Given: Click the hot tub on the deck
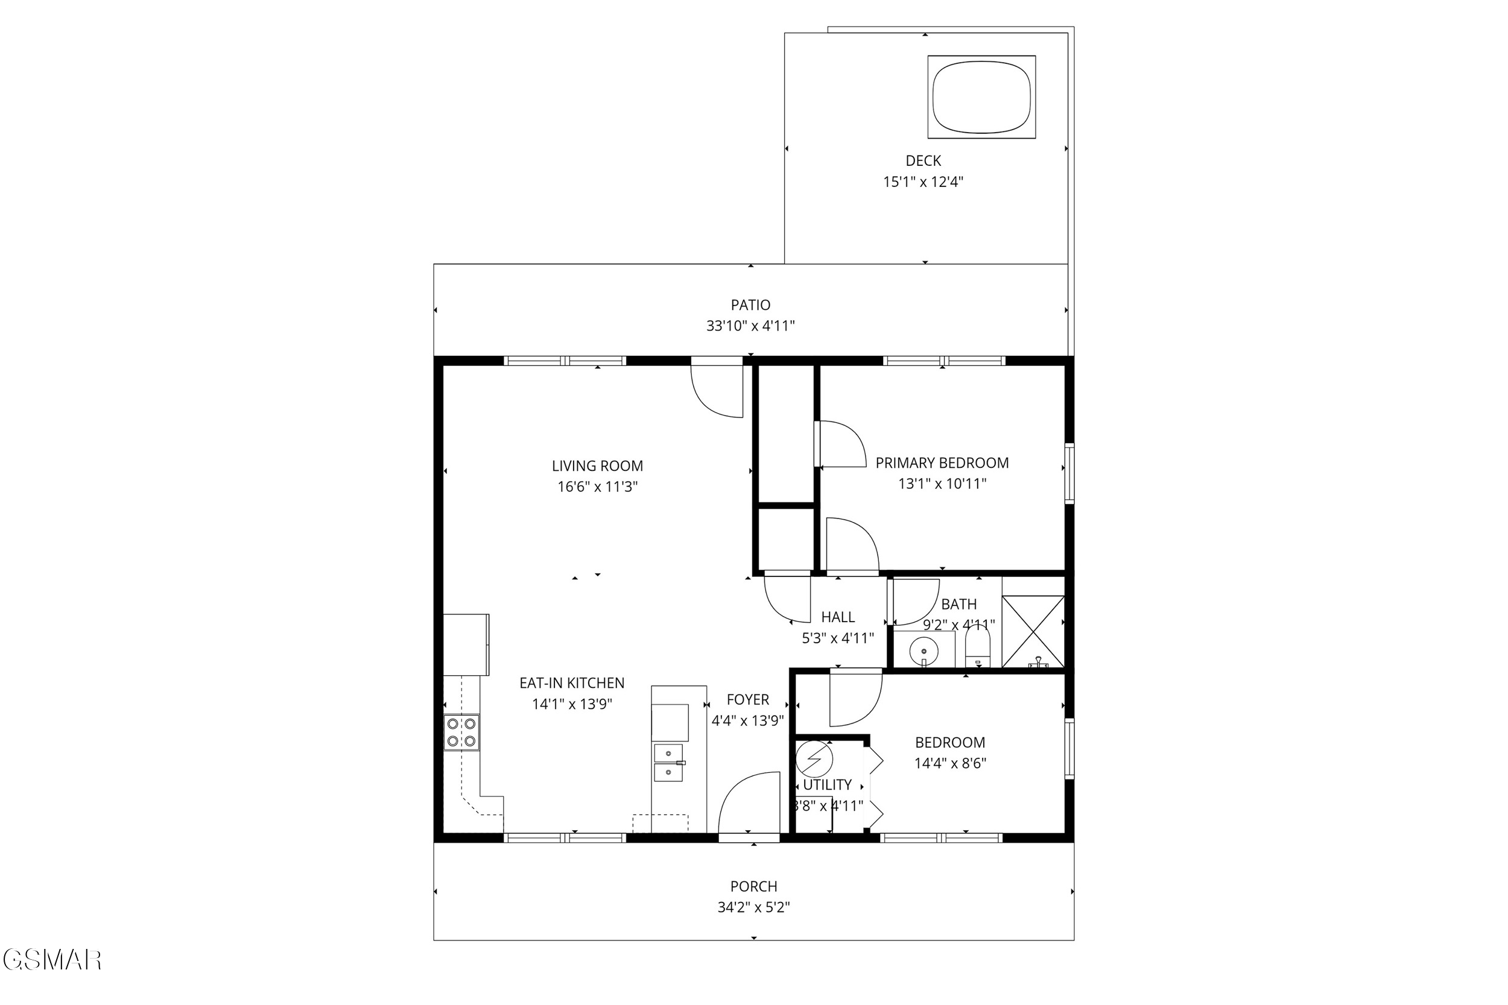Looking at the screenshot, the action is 981,97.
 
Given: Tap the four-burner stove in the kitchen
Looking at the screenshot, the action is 461,732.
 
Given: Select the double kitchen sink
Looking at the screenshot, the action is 669,763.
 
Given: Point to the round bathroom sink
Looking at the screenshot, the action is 924,652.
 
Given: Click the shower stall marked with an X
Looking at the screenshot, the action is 1033,631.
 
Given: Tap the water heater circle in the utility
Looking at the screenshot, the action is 814,760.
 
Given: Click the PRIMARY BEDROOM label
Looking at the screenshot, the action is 942,463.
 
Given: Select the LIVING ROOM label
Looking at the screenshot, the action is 597,466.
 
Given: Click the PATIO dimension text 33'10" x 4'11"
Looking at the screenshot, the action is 750,326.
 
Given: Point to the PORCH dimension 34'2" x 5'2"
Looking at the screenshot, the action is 753,907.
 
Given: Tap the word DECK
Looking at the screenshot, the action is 923,161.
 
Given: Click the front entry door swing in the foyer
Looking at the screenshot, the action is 748,802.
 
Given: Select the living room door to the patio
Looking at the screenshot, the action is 716,387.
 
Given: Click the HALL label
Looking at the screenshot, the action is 838,617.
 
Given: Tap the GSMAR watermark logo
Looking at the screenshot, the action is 52,960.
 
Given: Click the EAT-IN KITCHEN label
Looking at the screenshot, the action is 571,683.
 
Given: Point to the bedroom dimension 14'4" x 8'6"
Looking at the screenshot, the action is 949,763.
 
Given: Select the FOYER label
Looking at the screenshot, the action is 747,700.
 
